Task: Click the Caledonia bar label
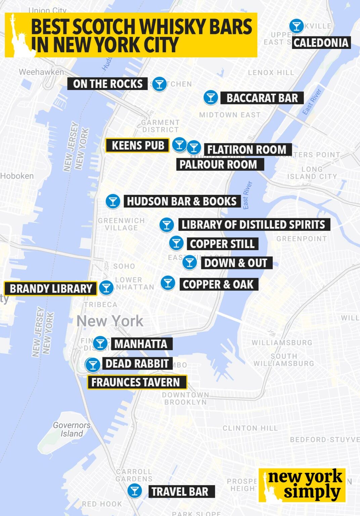321,43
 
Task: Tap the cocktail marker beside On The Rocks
159,84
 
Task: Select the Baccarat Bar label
262,98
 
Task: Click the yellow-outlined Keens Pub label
137,145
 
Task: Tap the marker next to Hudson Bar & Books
113,202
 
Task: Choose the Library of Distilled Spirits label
254,224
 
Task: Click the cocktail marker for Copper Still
176,243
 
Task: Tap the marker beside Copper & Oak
168,283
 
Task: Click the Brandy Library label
51,289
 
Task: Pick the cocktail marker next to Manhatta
100,343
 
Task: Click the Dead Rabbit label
137,363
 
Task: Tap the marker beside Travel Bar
135,491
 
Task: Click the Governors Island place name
71,429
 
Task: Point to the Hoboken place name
17,176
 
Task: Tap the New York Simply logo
302,485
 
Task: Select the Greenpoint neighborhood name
301,239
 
